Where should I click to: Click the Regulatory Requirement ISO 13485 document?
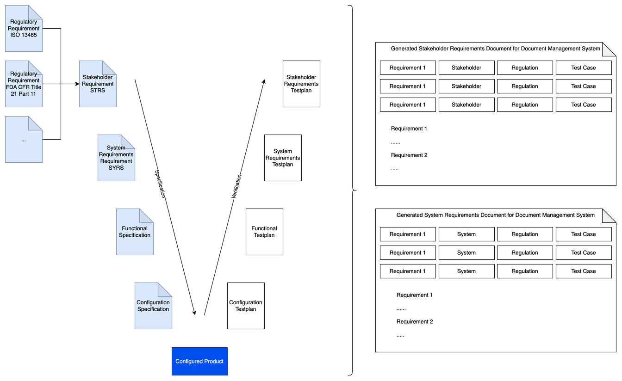pos(24,29)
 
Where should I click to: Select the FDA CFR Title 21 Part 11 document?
pos(24,84)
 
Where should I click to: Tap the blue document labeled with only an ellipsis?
pos(24,140)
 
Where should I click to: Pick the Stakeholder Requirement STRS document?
pos(98,84)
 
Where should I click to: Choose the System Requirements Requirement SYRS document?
pos(116,158)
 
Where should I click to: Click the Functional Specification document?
pos(135,232)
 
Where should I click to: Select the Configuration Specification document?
pos(153,306)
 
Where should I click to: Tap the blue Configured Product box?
pos(199,361)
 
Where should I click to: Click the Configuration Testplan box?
pos(246,306)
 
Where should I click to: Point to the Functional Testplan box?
pos(264,232)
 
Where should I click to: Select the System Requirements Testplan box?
pos(283,158)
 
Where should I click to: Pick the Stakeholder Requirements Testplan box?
pos(301,84)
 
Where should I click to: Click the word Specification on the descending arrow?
pos(160,184)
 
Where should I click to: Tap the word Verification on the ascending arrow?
pos(236,187)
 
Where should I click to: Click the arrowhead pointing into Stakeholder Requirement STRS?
pos(77,84)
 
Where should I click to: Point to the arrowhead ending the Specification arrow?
pos(194,313)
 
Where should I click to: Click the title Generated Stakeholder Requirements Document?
pos(495,49)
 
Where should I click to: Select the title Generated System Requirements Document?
pos(495,215)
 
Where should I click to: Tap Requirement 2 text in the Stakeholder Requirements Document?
pos(409,155)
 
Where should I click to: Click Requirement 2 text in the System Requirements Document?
pos(414,322)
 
